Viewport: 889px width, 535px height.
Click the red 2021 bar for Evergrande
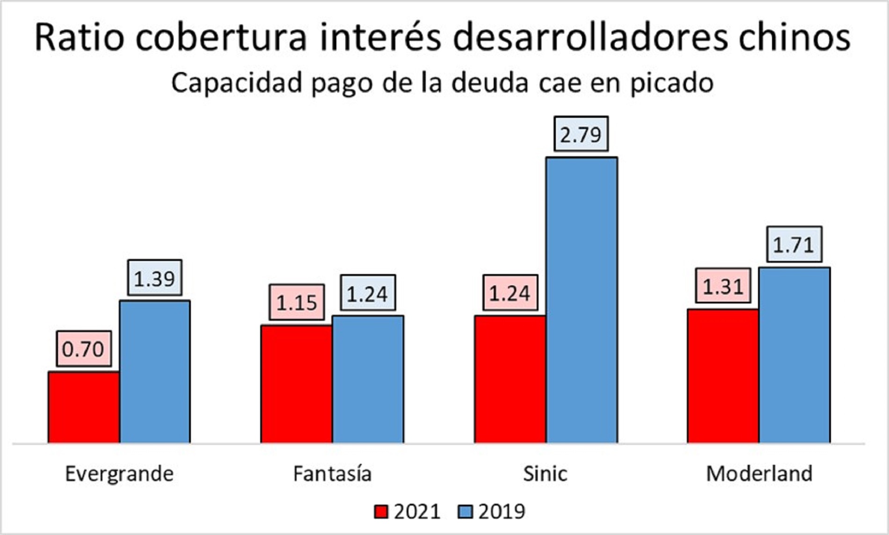click(84, 407)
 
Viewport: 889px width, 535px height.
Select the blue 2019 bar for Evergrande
click(155, 372)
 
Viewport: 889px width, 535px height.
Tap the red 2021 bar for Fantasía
click(297, 384)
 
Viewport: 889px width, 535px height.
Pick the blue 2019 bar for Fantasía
click(368, 379)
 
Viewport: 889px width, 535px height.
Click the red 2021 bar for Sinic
click(510, 379)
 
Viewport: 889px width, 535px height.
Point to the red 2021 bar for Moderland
click(723, 376)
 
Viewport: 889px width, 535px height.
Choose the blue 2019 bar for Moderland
click(794, 355)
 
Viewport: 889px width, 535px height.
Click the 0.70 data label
click(84, 349)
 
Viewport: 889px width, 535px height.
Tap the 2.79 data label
click(581, 134)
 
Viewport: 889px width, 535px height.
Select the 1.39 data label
click(154, 278)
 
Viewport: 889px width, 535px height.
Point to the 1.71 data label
click(794, 245)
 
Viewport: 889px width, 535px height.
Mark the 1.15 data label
click(297, 303)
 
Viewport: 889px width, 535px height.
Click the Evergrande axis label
click(119, 474)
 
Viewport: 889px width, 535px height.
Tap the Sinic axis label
click(545, 474)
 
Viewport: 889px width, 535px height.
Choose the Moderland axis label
click(759, 474)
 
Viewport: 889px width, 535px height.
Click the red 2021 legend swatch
click(381, 512)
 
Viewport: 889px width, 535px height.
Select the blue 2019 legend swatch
click(465, 512)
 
